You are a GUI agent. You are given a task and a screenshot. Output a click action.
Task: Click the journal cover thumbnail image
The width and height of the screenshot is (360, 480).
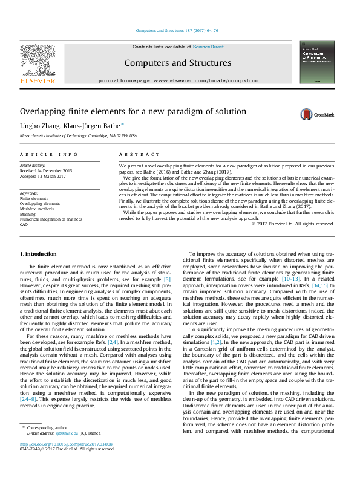316,62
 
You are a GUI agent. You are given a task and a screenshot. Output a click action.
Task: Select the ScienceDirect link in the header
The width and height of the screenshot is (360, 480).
208,47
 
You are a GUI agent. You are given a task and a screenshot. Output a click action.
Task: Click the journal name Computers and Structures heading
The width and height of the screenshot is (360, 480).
177,63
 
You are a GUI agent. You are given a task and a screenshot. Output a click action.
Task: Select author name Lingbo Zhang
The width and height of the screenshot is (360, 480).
38,126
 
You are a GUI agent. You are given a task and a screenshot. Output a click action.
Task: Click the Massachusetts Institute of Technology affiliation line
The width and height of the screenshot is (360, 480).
79,136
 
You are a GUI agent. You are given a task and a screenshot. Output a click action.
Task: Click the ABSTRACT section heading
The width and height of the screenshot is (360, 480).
134,155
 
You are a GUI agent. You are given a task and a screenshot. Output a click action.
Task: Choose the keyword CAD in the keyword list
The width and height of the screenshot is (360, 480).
24,225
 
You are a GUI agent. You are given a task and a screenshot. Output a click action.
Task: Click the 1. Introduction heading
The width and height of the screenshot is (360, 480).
39,254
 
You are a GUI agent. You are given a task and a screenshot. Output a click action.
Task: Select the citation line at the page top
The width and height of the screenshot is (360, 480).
177,30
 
